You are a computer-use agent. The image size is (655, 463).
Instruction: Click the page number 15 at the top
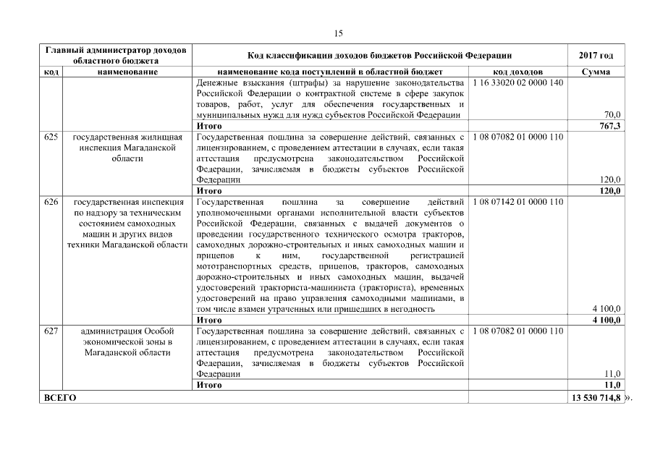click(338, 33)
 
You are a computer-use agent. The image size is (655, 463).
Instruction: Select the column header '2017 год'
click(596, 56)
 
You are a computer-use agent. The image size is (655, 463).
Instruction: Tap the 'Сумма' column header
click(596, 72)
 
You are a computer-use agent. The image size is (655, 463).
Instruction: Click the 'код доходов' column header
click(517, 72)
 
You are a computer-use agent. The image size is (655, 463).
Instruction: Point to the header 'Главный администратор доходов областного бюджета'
click(116, 56)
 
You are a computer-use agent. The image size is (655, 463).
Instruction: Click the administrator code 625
click(51, 137)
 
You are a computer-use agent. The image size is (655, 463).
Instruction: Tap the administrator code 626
click(51, 201)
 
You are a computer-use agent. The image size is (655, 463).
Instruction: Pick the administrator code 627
click(51, 331)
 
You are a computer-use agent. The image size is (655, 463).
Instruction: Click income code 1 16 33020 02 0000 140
click(517, 83)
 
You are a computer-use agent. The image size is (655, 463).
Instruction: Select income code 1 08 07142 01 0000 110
click(517, 201)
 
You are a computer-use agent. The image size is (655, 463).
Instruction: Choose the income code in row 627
click(517, 331)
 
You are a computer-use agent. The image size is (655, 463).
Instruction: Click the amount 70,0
click(612, 115)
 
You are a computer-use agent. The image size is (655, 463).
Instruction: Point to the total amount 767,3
click(609, 126)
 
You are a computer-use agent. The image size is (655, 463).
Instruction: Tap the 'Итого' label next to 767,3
click(209, 126)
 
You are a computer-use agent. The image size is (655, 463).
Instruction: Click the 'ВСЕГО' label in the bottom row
click(60, 397)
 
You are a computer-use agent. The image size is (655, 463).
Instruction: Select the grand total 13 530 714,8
click(596, 397)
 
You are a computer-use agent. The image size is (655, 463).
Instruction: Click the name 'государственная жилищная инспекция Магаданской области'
click(127, 148)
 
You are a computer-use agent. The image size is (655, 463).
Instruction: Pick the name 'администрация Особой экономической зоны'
click(127, 341)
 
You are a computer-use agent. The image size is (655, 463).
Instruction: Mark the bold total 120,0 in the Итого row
click(609, 191)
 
